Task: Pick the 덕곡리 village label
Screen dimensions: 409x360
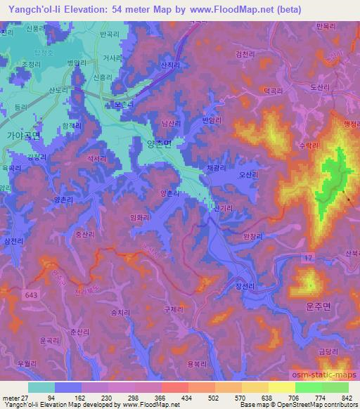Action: tap(273, 90)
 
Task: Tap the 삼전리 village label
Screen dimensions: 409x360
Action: tap(13, 241)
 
